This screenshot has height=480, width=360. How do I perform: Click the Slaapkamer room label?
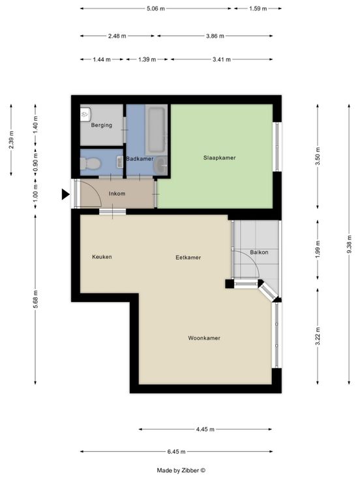click(x=220, y=158)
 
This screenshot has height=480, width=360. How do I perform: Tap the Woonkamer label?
click(x=204, y=338)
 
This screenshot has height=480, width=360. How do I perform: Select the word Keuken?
click(x=102, y=257)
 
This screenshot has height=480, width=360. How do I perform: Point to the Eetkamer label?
click(x=188, y=258)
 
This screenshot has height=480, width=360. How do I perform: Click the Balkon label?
click(x=259, y=252)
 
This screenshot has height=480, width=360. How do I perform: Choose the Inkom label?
click(x=117, y=194)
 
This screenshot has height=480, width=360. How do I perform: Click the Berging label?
click(x=101, y=125)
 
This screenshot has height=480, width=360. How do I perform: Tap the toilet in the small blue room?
click(x=90, y=163)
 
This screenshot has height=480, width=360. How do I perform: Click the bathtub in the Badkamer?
click(x=156, y=130)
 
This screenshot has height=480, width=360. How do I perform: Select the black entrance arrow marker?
click(x=65, y=194)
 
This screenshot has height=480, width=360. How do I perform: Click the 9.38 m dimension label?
click(x=350, y=245)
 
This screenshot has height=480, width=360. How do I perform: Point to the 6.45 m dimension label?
click(x=176, y=451)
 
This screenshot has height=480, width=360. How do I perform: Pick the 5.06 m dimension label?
click(x=156, y=8)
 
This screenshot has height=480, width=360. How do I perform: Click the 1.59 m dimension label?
click(x=258, y=8)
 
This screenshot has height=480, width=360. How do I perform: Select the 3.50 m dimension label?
click(x=318, y=156)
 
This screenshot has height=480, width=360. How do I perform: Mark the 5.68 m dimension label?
click(x=35, y=299)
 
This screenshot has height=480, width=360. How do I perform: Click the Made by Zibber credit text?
click(x=181, y=470)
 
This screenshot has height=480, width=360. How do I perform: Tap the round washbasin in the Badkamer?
click(x=160, y=166)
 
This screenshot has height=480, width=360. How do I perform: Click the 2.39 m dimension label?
click(x=11, y=140)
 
